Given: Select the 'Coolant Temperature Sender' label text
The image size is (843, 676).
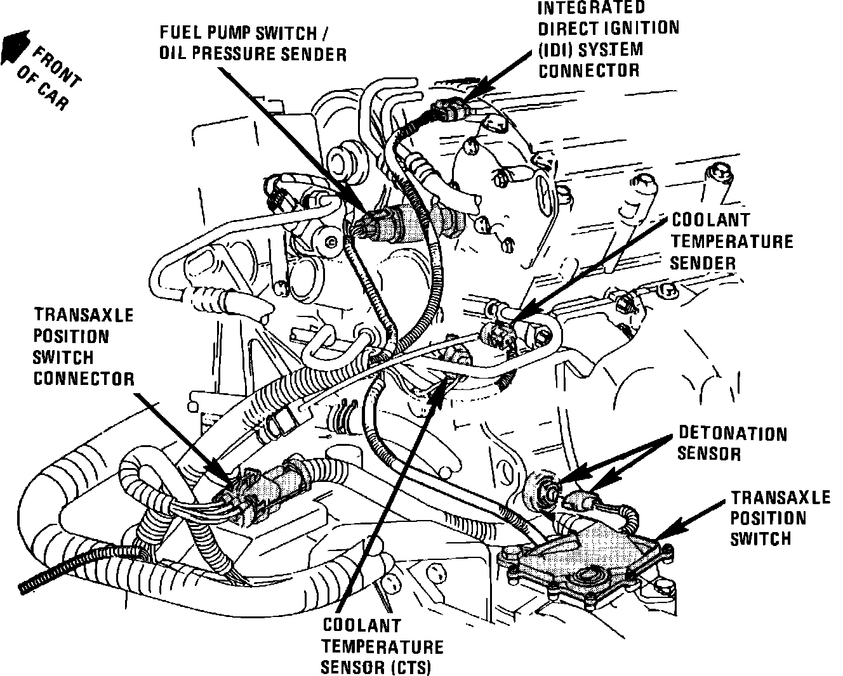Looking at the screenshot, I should point(732,241).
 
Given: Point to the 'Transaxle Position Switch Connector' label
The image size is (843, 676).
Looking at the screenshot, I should point(83,346).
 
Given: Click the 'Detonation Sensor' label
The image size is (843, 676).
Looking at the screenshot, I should point(732,443).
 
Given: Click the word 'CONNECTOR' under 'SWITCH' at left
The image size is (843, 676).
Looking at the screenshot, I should point(83,379).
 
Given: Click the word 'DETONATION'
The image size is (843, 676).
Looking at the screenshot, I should point(732,434).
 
